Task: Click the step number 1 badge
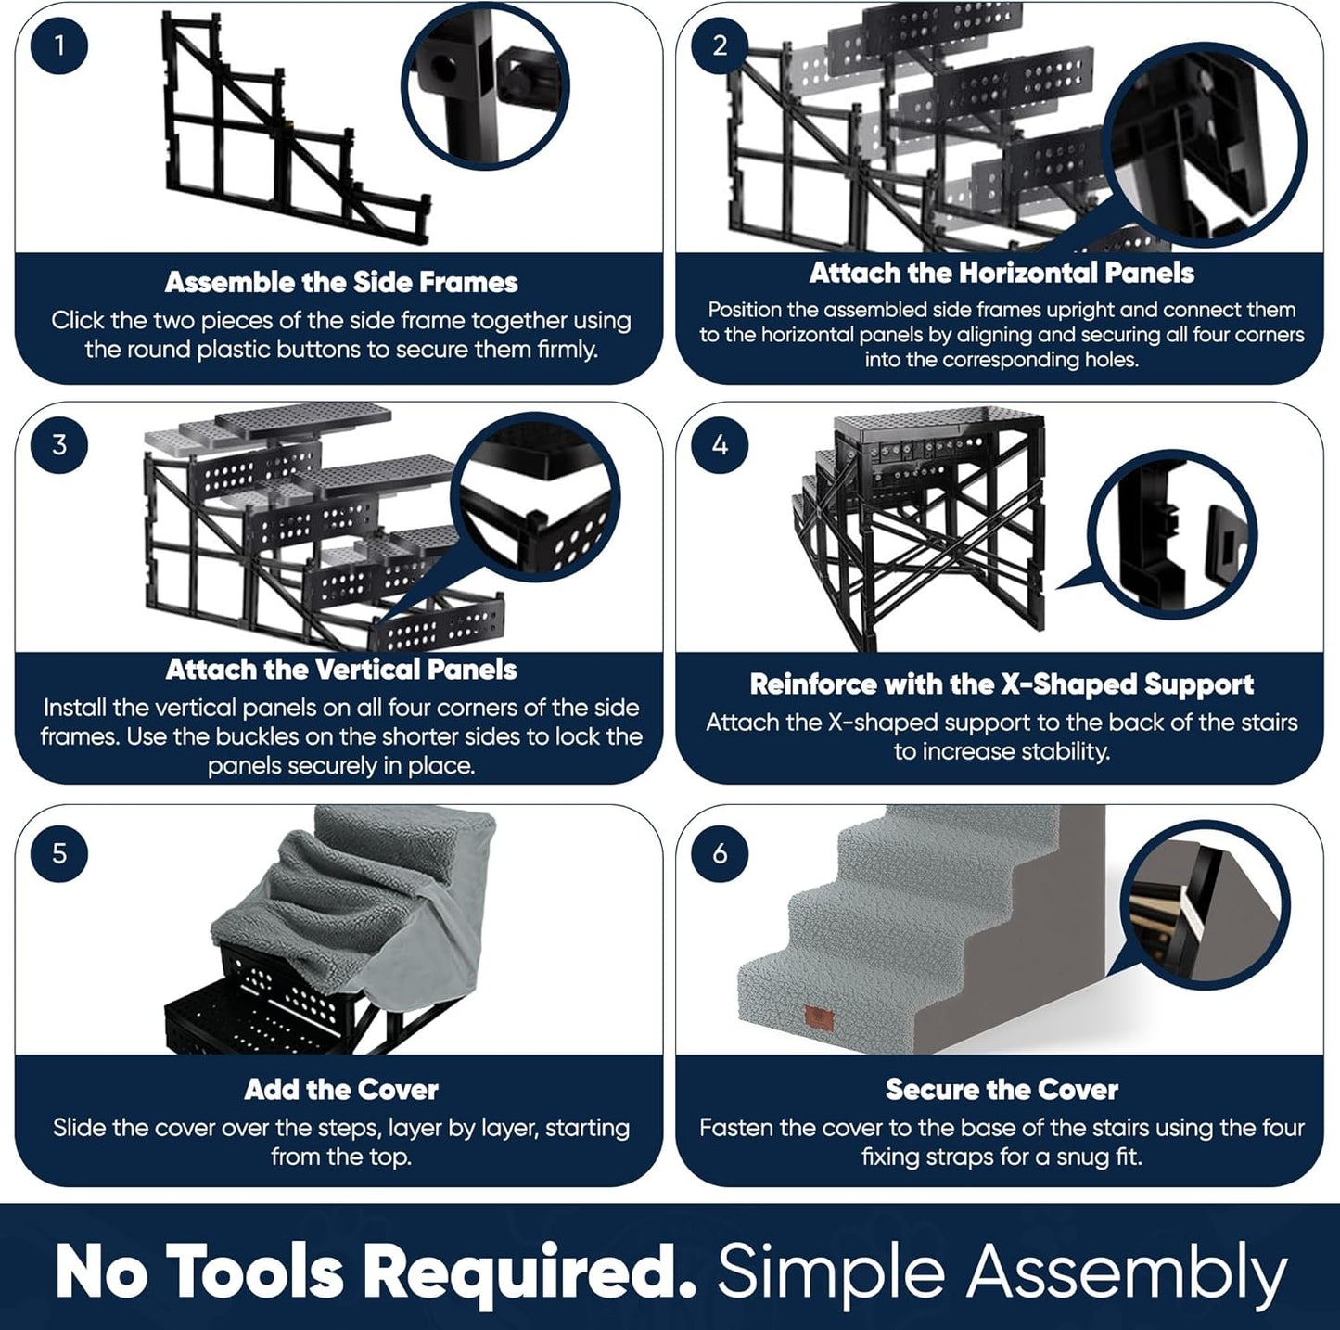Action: click(59, 45)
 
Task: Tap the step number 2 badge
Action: click(720, 45)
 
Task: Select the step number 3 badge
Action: click(59, 444)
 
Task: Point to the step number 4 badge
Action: click(720, 444)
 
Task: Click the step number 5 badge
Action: click(59, 852)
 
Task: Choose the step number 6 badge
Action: click(720, 852)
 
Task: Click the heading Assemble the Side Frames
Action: click(341, 282)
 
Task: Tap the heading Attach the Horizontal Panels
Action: click(1002, 273)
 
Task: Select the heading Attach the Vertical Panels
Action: click(341, 669)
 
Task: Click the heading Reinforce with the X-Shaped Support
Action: click(1002, 684)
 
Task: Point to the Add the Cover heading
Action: click(341, 1089)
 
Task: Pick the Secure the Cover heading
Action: click(1002, 1089)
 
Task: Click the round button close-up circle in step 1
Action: click(486, 85)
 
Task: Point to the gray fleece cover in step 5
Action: click(306, 900)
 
